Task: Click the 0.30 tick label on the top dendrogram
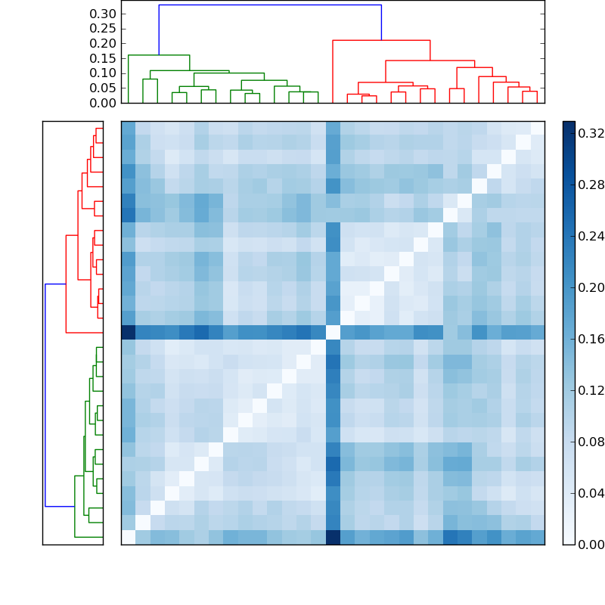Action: click(103, 14)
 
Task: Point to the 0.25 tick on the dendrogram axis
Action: click(103, 28)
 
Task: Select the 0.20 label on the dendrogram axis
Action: click(103, 43)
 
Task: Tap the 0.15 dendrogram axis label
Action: click(103, 58)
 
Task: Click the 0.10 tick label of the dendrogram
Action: click(103, 73)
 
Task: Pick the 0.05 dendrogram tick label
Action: click(103, 88)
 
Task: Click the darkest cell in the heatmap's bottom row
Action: click(333, 537)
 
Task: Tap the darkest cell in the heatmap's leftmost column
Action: click(129, 332)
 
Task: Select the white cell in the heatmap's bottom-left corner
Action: click(129, 537)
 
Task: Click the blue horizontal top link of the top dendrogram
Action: click(270, 5)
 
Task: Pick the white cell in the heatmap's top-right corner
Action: click(537, 128)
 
